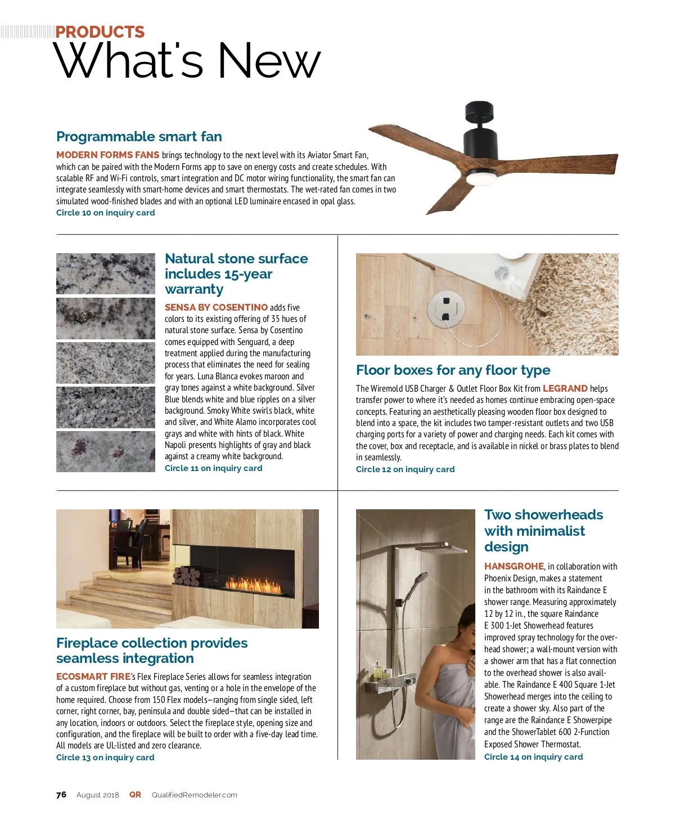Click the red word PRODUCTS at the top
pos(100,32)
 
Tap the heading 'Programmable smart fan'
pos(139,137)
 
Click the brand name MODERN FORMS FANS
pos(107,155)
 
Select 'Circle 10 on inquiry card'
pos(105,213)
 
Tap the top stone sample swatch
pos(105,274)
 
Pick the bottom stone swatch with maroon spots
pos(105,451)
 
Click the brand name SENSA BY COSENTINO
pos(216,307)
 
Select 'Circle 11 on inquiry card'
pos(213,468)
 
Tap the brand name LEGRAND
pos(565,388)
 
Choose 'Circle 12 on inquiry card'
pos(405,469)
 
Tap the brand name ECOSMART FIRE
pos(93,676)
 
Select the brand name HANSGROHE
pos(514,566)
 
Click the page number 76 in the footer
pos(61,795)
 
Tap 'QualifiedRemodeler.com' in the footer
pos(194,795)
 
